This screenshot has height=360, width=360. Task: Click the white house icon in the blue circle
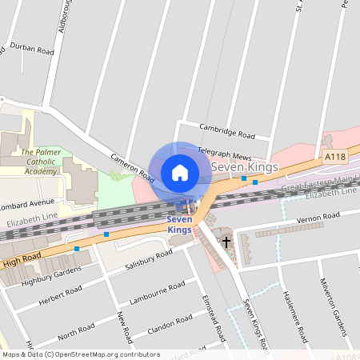click(180, 172)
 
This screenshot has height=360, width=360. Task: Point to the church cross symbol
click(226, 240)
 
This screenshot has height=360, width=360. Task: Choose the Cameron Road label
click(132, 166)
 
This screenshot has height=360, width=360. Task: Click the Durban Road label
click(33, 50)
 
